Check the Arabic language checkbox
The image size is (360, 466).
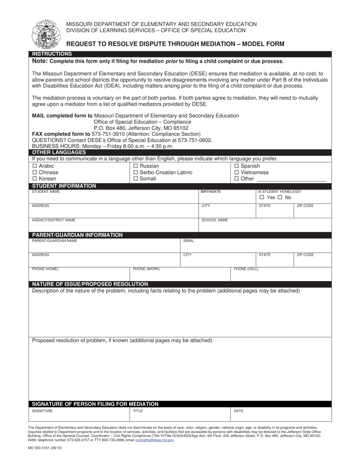click(x=35, y=166)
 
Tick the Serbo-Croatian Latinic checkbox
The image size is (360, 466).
click(x=136, y=172)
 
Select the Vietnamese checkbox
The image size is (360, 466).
click(x=237, y=172)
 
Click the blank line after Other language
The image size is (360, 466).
click(x=291, y=179)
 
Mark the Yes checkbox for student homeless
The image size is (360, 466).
click(x=262, y=197)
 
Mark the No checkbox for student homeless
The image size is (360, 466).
click(x=280, y=197)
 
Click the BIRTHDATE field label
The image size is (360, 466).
click(x=211, y=192)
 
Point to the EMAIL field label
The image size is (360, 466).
click(x=189, y=241)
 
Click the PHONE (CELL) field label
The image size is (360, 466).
click(x=246, y=269)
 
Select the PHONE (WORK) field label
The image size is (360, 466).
click(x=146, y=269)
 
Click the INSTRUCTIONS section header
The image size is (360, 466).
click(x=52, y=54)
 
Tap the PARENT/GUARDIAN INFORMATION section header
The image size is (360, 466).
click(x=77, y=235)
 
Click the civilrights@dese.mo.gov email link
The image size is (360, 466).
click(x=155, y=440)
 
